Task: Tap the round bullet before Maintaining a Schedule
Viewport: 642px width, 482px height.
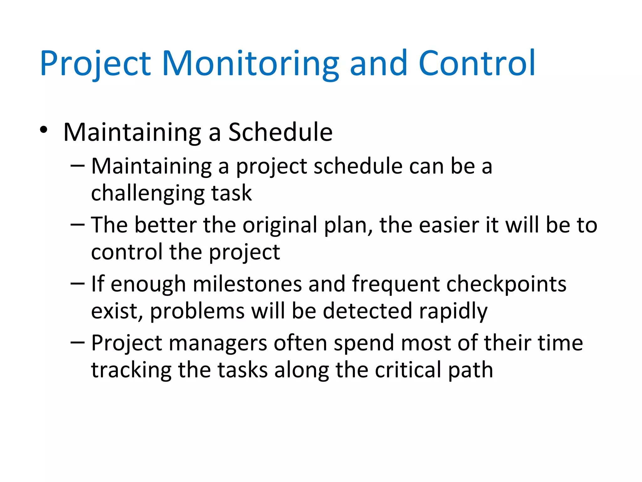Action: coord(44,130)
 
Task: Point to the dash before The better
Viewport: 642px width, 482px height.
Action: coord(77,225)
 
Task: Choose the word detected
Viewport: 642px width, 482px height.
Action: coord(367,311)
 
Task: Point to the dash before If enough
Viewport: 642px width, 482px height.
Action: coord(77,284)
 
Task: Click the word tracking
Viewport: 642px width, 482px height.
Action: coord(131,371)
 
